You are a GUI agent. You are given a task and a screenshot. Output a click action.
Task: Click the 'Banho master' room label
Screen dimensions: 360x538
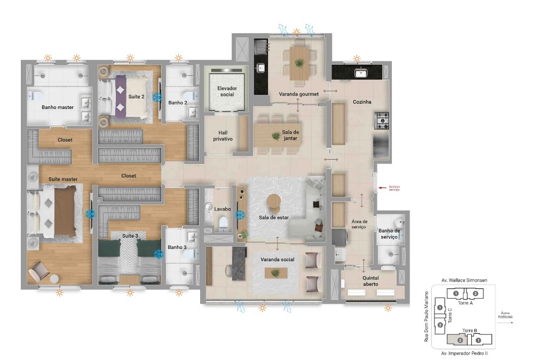point(58,107)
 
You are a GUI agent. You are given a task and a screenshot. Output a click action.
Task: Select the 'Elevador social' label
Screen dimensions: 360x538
point(227,91)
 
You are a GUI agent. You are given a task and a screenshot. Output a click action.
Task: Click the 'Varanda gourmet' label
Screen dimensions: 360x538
point(298,94)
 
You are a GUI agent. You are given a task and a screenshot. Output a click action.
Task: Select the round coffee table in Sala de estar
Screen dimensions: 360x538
point(274,202)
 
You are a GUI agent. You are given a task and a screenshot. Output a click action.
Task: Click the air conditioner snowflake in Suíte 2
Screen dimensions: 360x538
point(157,97)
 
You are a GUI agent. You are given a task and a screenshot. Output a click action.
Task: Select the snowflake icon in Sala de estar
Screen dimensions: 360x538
point(240,215)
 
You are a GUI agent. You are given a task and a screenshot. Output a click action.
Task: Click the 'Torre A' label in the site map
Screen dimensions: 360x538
point(465,303)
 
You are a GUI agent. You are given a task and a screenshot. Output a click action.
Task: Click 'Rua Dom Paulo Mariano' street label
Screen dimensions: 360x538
point(426,316)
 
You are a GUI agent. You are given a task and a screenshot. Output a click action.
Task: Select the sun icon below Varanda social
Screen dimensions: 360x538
point(262,308)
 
